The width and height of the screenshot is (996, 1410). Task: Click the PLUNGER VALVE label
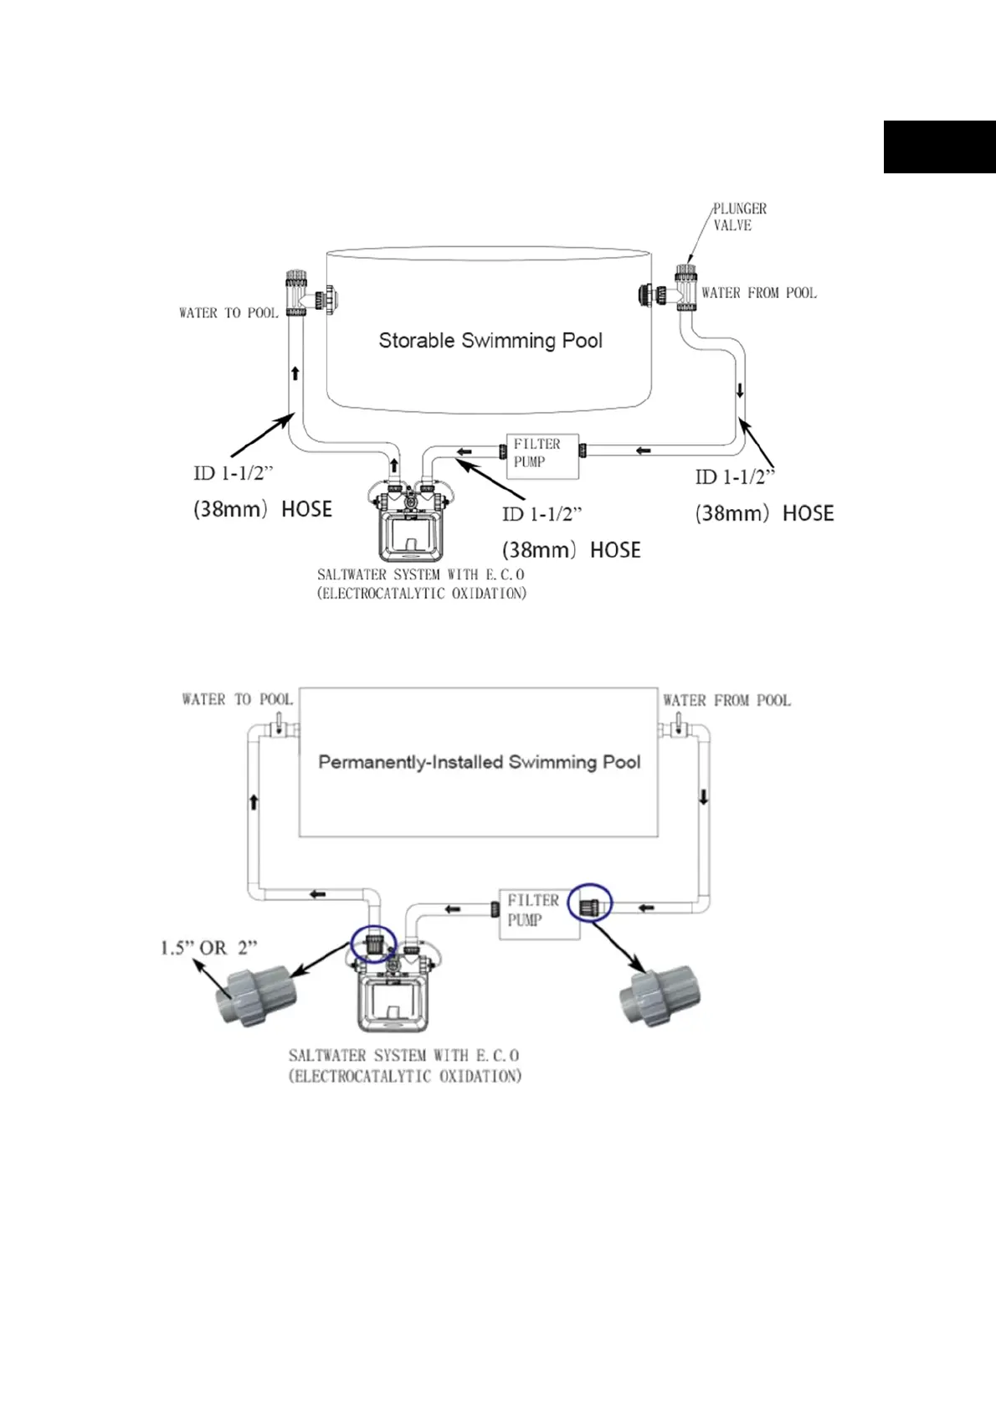tap(740, 217)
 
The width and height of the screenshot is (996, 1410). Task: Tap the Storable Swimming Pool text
tap(490, 341)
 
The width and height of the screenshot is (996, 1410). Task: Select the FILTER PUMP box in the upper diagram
tap(542, 456)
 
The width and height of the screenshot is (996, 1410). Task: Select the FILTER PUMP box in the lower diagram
tap(539, 914)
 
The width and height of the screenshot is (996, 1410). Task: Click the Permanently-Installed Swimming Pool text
tap(480, 762)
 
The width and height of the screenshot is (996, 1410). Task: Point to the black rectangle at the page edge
tap(940, 147)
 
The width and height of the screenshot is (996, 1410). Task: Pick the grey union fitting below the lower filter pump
tap(660, 996)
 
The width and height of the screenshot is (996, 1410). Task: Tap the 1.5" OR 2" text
tap(209, 948)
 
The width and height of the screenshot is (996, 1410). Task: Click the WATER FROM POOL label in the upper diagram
tap(759, 293)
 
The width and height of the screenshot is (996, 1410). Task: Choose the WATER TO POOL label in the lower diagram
tap(237, 699)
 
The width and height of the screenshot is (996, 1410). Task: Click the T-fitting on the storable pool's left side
tap(309, 293)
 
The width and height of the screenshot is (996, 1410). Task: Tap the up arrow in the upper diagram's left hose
tap(295, 373)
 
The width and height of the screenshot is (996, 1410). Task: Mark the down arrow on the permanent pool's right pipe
tap(703, 796)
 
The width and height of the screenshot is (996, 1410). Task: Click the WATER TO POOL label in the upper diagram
tap(228, 313)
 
